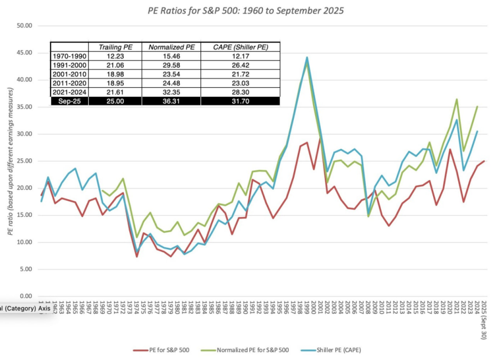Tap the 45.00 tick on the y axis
[x=24, y=52]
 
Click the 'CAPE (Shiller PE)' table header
[x=240, y=47]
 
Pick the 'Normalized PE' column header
[x=171, y=47]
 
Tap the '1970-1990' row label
[x=69, y=57]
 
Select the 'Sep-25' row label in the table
[x=69, y=101]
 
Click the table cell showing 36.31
[x=171, y=101]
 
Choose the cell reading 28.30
[x=240, y=92]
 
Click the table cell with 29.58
[x=171, y=65]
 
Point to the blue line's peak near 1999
[x=306, y=58]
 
